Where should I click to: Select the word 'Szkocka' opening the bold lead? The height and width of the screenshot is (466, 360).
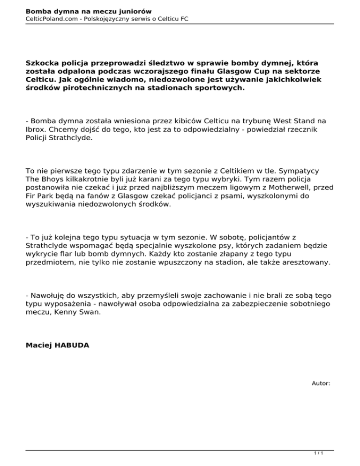tap(44, 62)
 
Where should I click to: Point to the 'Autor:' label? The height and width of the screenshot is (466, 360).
tap(321, 383)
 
